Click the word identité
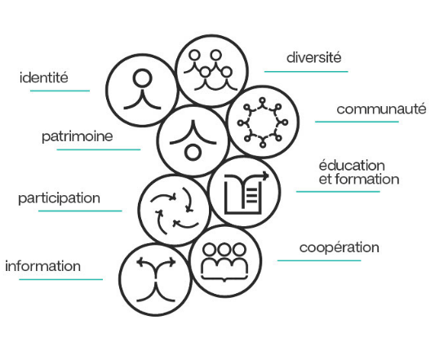click(44, 78)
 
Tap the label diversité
click(313, 57)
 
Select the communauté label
click(381, 109)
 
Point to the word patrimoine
click(78, 136)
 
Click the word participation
click(59, 198)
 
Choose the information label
click(43, 266)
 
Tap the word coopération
click(340, 247)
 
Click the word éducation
click(352, 166)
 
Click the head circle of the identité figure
click(143, 78)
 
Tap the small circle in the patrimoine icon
click(193, 153)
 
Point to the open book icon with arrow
click(245, 193)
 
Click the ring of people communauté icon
click(263, 122)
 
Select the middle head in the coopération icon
click(224, 250)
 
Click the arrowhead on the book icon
click(266, 176)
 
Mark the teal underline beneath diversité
click(306, 72)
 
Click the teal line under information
click(60, 279)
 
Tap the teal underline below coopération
click(319, 260)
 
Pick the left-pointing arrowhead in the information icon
click(140, 262)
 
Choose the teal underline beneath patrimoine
click(99, 149)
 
